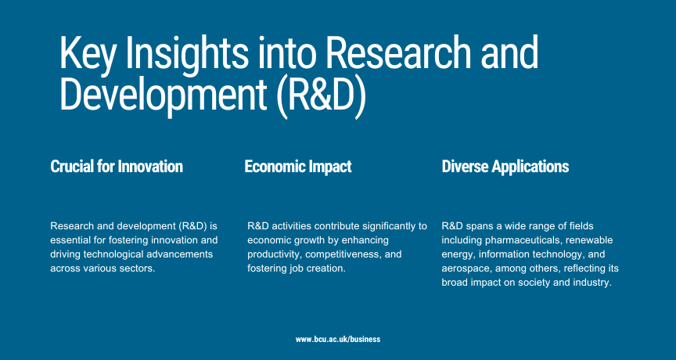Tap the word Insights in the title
point(187,53)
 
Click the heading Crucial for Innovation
point(117,167)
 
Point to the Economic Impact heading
point(298,167)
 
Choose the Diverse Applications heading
point(505,167)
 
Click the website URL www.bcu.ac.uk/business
point(338,340)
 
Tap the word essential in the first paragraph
point(70,240)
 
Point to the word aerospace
point(466,268)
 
